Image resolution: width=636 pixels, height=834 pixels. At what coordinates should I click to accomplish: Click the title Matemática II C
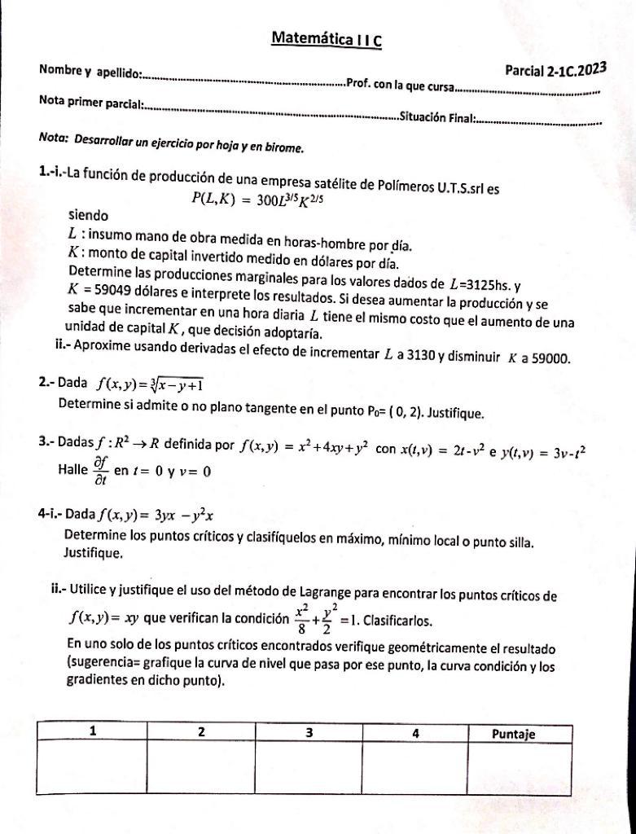coord(326,37)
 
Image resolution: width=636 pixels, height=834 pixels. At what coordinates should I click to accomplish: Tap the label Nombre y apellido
coord(90,72)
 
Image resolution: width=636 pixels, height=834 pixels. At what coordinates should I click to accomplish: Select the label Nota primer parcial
coord(91,103)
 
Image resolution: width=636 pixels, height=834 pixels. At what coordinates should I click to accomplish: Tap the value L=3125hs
coord(480,285)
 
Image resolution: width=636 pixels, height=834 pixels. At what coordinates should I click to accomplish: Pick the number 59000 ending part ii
coord(552,358)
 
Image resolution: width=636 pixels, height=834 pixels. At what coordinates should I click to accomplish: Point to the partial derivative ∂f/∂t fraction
coord(101,468)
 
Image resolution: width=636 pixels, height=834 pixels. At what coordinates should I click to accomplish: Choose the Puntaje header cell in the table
coord(514,733)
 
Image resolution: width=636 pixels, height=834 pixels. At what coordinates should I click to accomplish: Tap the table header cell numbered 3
coord(309,732)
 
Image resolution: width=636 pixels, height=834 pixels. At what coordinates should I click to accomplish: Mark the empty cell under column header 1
coord(92,766)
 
